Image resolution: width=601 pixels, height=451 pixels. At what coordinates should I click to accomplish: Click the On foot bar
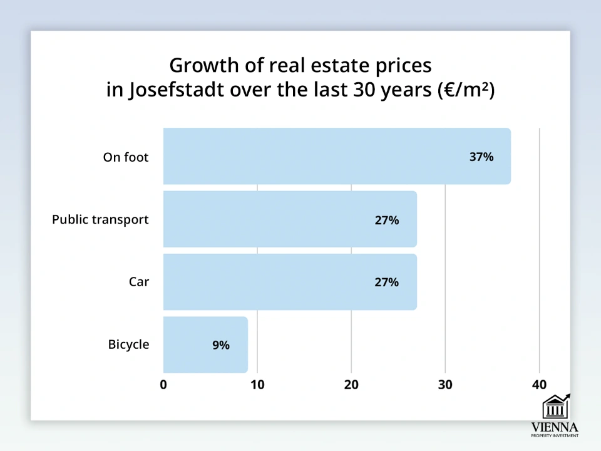point(337,157)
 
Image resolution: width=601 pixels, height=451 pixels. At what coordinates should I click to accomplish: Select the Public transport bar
point(290,219)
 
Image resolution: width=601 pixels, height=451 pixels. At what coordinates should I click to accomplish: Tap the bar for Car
point(290,282)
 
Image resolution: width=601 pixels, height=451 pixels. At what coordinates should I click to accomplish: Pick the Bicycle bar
point(205,345)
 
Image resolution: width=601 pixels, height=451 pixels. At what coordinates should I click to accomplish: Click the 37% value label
point(481,157)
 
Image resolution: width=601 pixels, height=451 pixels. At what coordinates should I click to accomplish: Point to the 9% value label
point(221,345)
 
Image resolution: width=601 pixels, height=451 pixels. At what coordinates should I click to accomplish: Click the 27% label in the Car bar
point(386,282)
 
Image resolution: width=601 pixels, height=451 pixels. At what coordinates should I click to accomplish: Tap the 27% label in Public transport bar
point(386,220)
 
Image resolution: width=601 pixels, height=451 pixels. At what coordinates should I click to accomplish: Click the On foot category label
point(126,157)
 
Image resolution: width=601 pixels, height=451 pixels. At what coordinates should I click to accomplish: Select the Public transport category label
point(100,220)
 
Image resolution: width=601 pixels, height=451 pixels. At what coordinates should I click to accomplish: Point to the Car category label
point(139,282)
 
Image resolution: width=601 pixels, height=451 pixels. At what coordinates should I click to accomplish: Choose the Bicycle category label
point(128,345)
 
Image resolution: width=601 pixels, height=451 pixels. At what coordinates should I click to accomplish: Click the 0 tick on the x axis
point(163,385)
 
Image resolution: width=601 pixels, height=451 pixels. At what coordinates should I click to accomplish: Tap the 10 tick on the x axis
point(257,385)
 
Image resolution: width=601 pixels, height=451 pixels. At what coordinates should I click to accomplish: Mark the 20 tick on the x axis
point(351,385)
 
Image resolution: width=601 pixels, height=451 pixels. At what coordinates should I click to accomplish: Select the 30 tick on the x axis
point(445,385)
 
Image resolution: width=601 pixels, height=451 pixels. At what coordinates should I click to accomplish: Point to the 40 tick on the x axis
point(539,385)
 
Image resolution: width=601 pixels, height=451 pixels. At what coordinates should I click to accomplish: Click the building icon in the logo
point(555,407)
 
